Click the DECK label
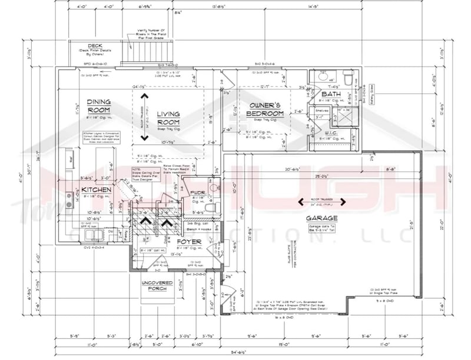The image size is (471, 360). point(95,46)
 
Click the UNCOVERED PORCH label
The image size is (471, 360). point(157,286)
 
